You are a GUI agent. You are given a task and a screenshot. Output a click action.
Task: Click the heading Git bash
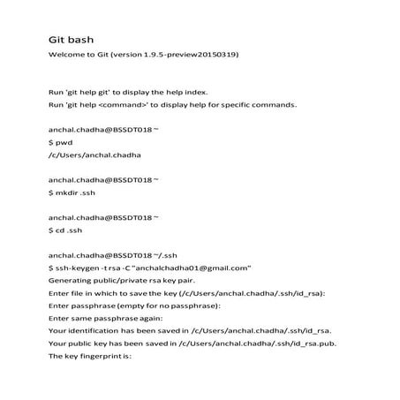[70, 40]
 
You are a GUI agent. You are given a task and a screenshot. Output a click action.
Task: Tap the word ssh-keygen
[81, 267]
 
